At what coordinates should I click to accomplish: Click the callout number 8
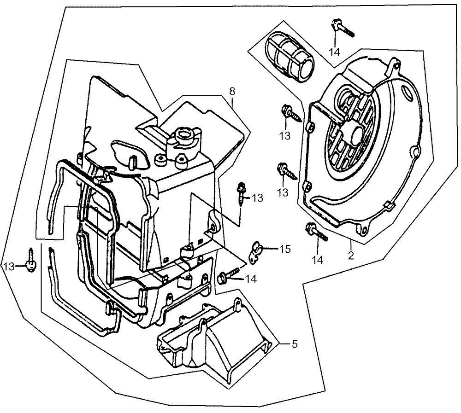[232, 91]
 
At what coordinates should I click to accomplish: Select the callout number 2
[351, 255]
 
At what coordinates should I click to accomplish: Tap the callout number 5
[295, 344]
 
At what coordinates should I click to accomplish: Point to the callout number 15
[284, 249]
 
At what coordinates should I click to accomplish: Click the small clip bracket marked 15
[255, 252]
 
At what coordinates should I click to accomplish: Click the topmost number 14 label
[335, 52]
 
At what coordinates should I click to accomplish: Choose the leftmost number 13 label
[9, 267]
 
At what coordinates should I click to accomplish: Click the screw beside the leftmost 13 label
[31, 260]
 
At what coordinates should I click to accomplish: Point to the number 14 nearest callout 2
[318, 260]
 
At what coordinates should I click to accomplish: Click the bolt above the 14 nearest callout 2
[317, 232]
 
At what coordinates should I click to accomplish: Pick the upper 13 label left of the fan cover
[284, 136]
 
